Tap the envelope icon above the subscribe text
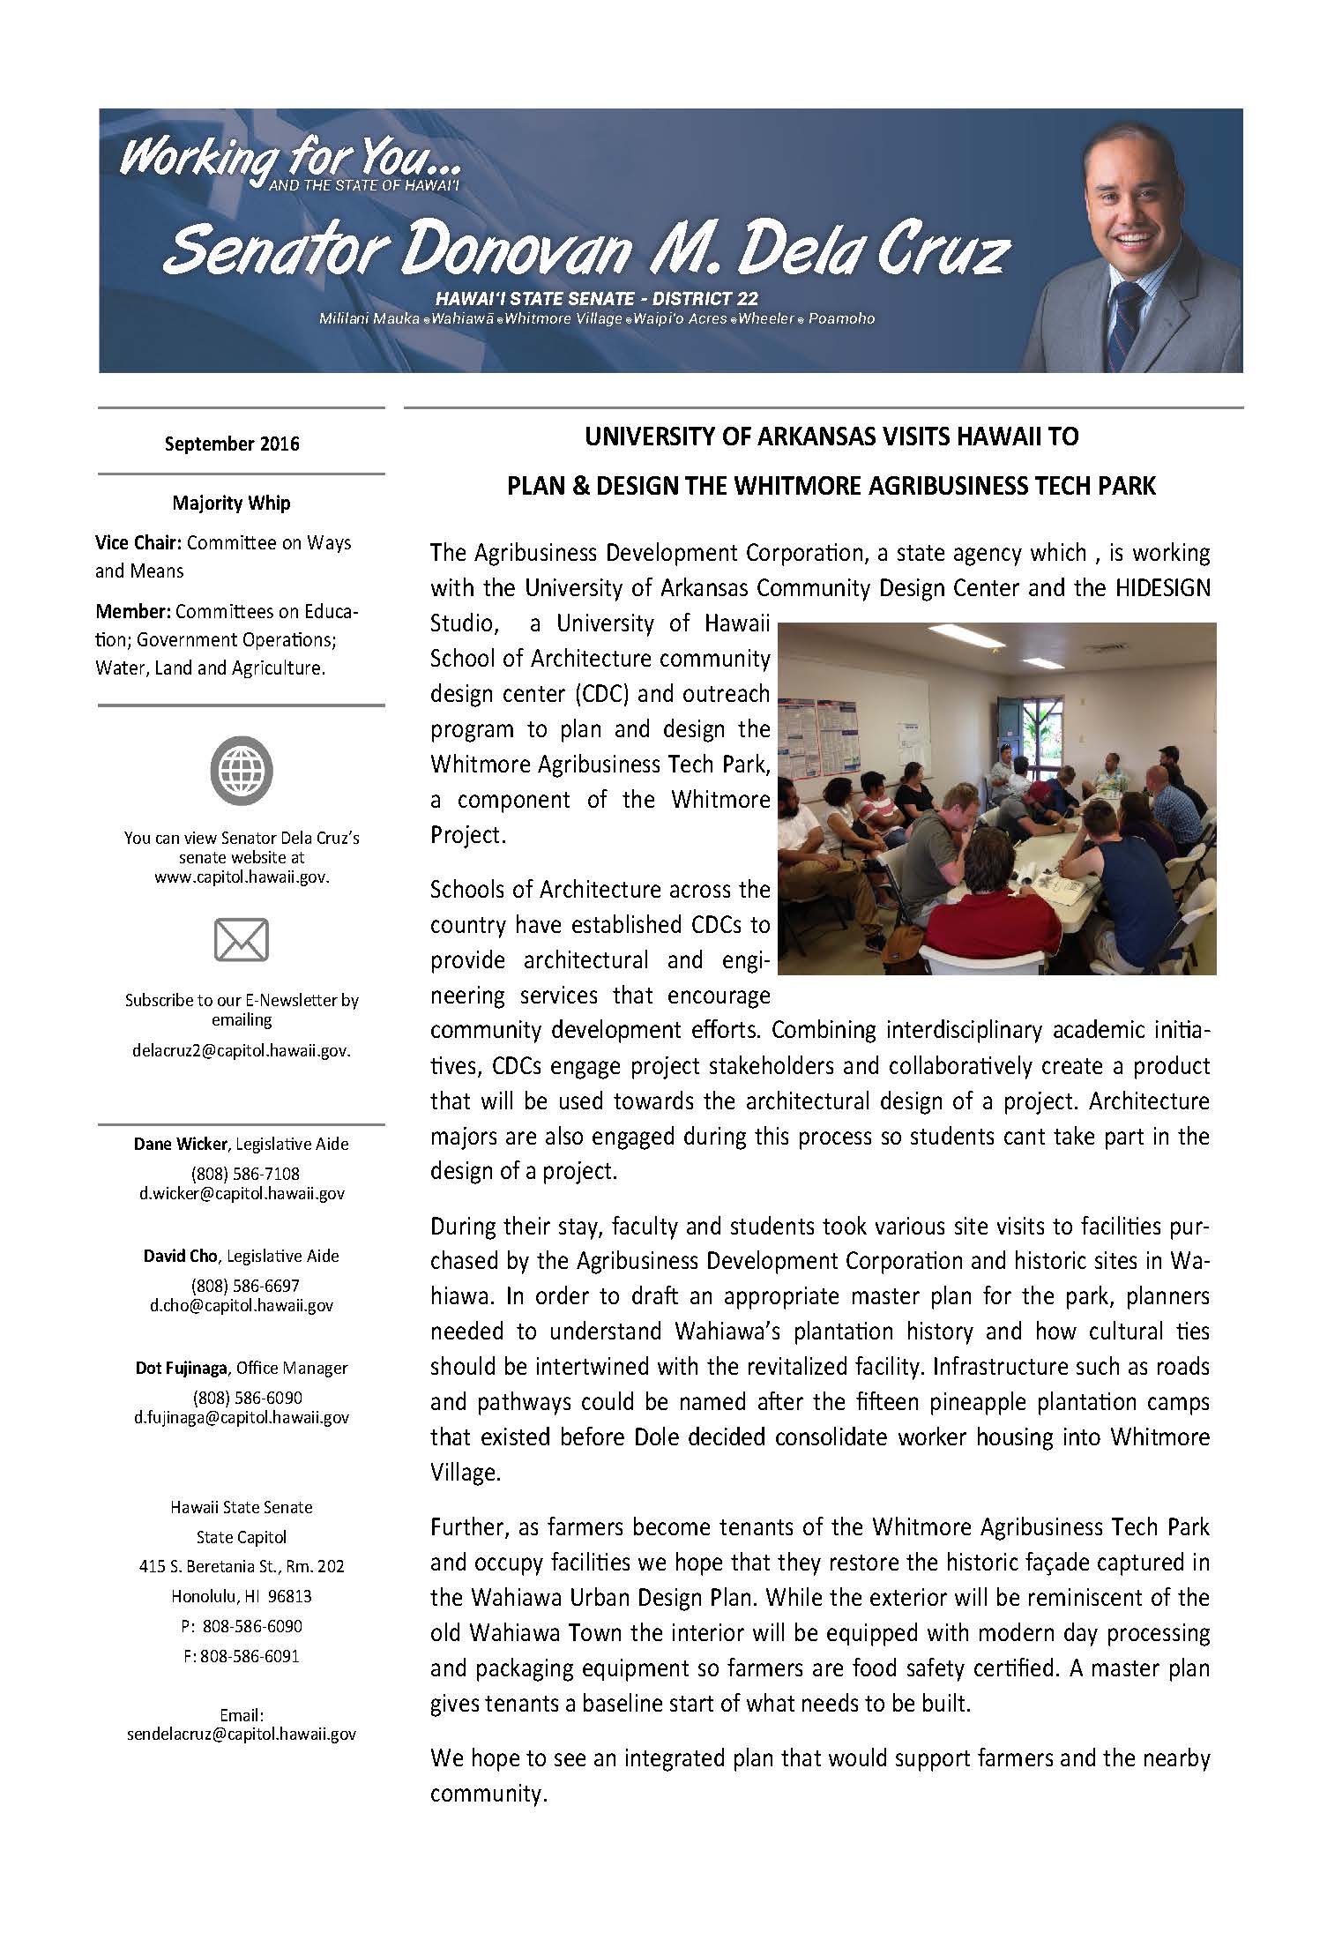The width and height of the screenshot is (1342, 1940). click(241, 940)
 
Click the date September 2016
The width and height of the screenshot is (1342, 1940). click(232, 444)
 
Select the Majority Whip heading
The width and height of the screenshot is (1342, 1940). click(232, 504)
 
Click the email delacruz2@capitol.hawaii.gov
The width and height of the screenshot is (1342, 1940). click(241, 1051)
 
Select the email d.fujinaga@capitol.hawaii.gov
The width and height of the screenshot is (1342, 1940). click(241, 1418)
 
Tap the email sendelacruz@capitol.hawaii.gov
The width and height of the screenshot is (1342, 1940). click(241, 1734)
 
